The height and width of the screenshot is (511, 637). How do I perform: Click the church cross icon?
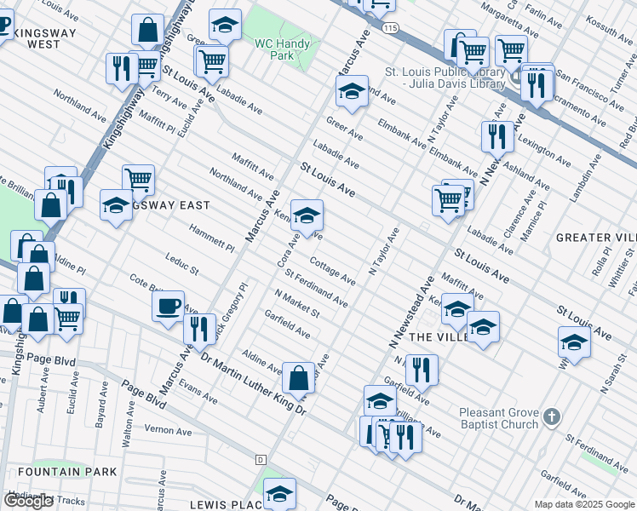pyautogui.click(x=552, y=416)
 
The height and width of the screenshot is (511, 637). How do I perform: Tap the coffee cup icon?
pyautogui.click(x=169, y=305)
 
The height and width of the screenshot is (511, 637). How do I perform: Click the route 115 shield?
pyautogui.click(x=390, y=28)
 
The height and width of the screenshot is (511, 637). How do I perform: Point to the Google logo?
pyautogui.click(x=28, y=501)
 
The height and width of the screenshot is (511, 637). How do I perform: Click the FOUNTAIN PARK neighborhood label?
pyautogui.click(x=55, y=471)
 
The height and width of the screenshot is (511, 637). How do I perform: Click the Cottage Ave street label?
pyautogui.click(x=332, y=271)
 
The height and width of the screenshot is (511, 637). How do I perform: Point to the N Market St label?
pyautogui.click(x=297, y=303)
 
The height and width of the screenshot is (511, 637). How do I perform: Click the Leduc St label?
pyautogui.click(x=181, y=265)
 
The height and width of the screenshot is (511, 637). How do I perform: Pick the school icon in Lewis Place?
pyautogui.click(x=278, y=493)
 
